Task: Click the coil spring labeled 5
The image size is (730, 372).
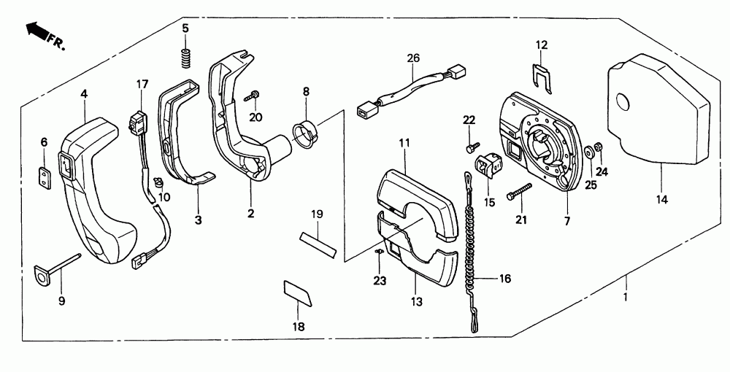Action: pos(186,56)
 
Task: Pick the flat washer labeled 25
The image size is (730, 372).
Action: pos(588,153)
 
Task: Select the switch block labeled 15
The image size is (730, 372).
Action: pos(487,166)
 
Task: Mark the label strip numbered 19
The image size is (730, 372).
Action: pos(316,243)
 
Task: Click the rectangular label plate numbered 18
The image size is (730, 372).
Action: pos(297,293)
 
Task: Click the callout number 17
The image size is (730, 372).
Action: pos(142,85)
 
